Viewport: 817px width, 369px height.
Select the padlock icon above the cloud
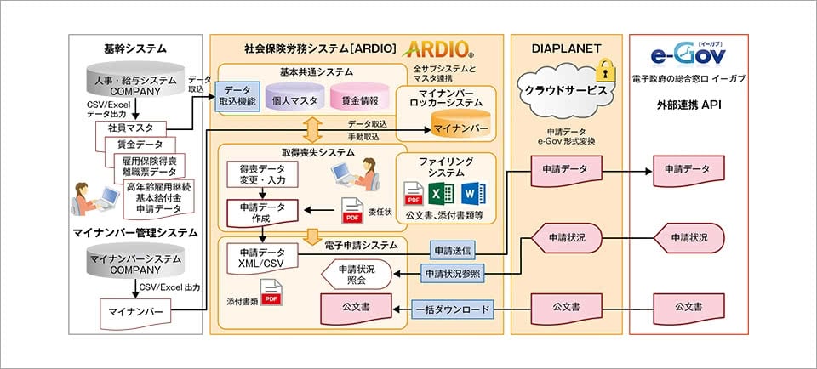[604, 67]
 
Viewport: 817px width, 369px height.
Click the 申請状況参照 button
[457, 273]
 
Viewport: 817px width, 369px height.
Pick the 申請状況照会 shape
[358, 274]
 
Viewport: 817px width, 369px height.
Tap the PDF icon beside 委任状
[351, 209]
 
